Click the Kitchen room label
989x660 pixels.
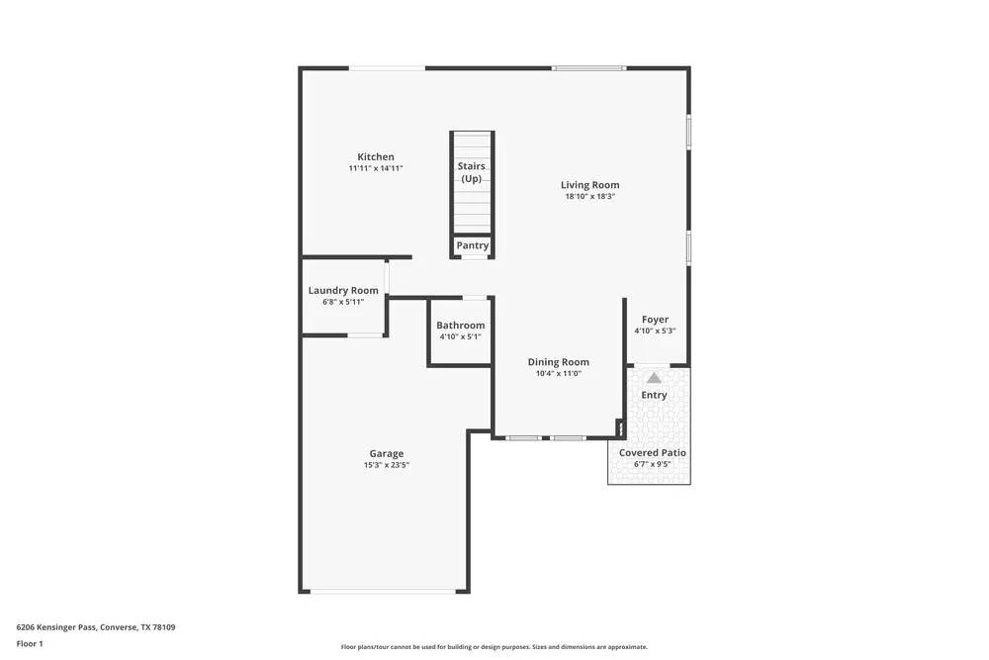coord(376,157)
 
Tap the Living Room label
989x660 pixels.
coord(590,185)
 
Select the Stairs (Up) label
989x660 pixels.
coord(472,172)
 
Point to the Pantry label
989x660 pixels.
coord(473,245)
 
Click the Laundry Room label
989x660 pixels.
coord(343,291)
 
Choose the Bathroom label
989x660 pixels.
coord(461,326)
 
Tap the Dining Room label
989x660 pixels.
coord(559,362)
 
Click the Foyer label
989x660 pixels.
coord(655,320)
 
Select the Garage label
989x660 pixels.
coord(387,454)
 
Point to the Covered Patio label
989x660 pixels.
coord(653,453)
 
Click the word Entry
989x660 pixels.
coord(654,395)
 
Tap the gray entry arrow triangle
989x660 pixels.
coord(654,377)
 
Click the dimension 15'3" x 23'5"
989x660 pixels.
coord(387,465)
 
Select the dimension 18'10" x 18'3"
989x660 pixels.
coord(590,197)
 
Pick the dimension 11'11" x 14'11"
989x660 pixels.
coord(376,169)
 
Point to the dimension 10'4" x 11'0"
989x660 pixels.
coord(559,374)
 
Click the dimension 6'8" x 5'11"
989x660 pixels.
coord(343,302)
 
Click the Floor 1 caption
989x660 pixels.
coord(30,643)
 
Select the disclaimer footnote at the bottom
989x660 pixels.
coord(494,647)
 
